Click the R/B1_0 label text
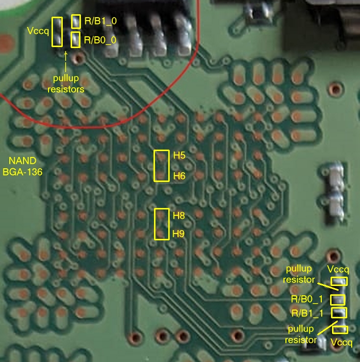click(x=101, y=21)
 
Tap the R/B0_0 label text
click(x=100, y=40)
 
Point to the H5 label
click(x=180, y=155)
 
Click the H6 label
click(x=180, y=176)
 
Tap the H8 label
click(x=179, y=216)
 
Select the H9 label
click(x=179, y=234)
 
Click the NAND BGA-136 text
click(x=23, y=166)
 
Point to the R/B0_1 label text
click(x=307, y=299)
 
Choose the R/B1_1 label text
click(x=308, y=313)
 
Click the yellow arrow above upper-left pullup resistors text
click(x=66, y=61)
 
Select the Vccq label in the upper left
click(x=38, y=31)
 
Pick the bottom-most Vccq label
click(x=341, y=342)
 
